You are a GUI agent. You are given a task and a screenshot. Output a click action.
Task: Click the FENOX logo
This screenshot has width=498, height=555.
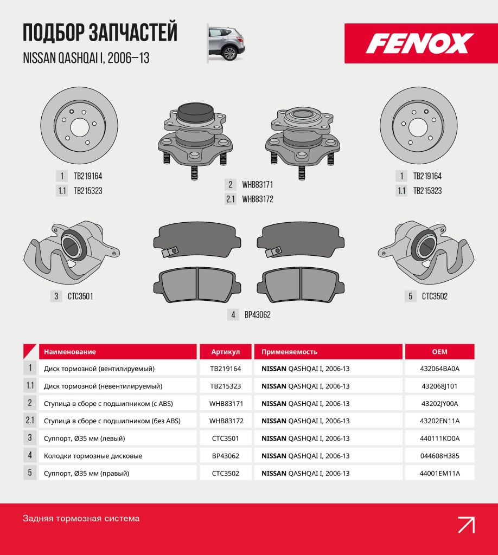[x=419, y=43]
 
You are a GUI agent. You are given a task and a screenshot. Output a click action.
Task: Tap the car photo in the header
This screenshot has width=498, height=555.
[x=226, y=43]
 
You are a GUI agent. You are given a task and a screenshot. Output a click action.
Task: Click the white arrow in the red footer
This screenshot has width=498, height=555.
[x=466, y=525]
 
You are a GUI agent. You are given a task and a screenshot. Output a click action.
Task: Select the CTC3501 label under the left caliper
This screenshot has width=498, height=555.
[x=80, y=296]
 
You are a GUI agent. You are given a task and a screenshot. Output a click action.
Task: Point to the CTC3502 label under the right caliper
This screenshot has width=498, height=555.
[x=435, y=296]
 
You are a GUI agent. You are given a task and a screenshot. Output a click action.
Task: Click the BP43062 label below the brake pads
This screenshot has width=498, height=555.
[x=258, y=315]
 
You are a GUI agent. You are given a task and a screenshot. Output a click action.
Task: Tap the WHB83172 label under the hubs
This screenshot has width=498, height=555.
[x=258, y=199]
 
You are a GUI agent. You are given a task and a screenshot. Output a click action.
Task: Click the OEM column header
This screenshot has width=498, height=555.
[x=439, y=352]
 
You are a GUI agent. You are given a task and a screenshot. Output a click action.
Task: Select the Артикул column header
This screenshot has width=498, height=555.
[x=225, y=352]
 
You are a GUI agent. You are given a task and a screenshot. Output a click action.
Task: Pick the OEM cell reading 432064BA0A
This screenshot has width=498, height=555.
[x=439, y=369]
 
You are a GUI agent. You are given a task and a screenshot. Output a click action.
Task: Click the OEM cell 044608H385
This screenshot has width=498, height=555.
[x=439, y=456]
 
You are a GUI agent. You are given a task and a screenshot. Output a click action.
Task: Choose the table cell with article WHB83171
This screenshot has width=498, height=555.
[x=225, y=403]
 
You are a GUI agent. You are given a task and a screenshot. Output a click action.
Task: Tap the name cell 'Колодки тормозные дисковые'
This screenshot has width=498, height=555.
[x=118, y=456]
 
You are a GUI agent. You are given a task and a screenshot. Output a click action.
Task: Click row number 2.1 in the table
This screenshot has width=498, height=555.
[x=30, y=421]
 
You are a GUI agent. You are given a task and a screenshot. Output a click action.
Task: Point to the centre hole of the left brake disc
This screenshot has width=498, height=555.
[x=80, y=127]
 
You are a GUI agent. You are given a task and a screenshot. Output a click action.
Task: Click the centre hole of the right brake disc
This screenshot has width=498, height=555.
[x=418, y=127]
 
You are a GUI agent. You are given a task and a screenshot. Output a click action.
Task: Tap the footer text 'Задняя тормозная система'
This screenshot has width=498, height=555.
[x=81, y=519]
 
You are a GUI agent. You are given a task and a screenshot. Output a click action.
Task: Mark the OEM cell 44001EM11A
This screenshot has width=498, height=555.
[x=439, y=473]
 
